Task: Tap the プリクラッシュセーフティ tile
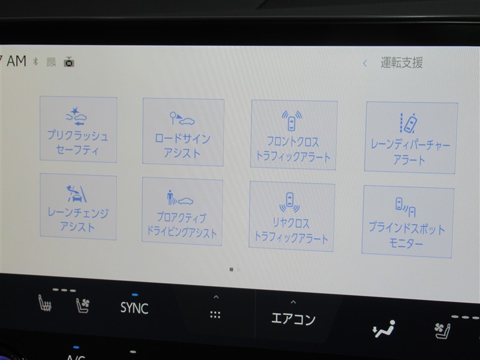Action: click(x=79, y=129)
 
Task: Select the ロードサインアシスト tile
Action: click(x=183, y=132)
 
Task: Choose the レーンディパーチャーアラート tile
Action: click(x=411, y=138)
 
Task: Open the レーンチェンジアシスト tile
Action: click(x=78, y=206)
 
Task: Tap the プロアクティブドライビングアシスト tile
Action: click(x=182, y=211)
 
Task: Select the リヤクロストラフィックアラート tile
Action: click(x=292, y=216)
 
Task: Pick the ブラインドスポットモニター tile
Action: click(x=407, y=221)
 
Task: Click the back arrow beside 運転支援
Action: click(x=365, y=64)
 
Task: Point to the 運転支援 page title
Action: click(x=401, y=63)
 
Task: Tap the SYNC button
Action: click(x=134, y=308)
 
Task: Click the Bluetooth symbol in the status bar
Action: click(x=35, y=62)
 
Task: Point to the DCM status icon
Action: click(x=51, y=62)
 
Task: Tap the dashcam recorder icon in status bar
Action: click(x=69, y=62)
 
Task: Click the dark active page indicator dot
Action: click(x=232, y=269)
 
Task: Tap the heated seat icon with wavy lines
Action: click(x=44, y=303)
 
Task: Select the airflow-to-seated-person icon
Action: click(x=383, y=329)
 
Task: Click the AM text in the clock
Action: click(x=17, y=61)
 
